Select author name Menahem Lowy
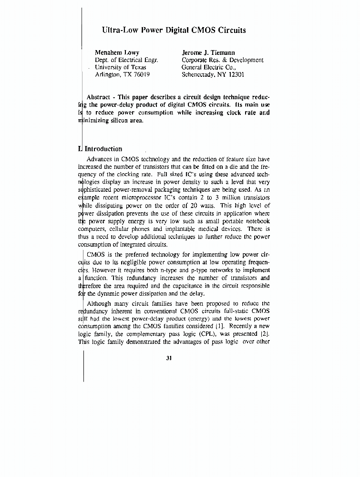(x=117, y=52)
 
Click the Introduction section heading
(x=103, y=149)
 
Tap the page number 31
(x=169, y=358)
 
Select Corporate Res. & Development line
(x=222, y=60)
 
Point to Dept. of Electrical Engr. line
(x=126, y=60)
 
